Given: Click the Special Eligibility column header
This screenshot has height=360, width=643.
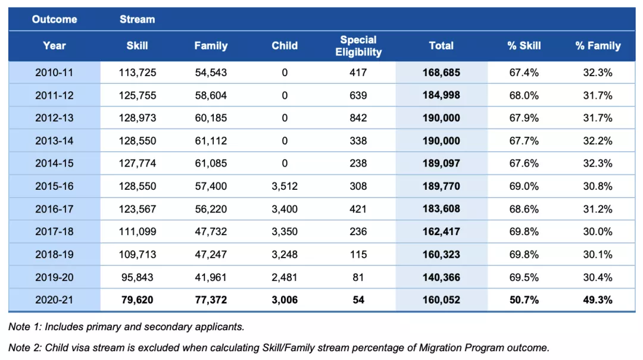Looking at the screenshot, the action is pos(358,46).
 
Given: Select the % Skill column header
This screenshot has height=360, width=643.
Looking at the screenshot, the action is pos(524,46).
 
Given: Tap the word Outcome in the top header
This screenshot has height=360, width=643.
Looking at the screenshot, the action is pos(55,19).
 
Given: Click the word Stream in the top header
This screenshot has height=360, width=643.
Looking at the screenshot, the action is pos(138,19).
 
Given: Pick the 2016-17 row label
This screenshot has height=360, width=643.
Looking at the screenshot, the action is pos(54,209).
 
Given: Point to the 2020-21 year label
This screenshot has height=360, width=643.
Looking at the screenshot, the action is pos(54,300).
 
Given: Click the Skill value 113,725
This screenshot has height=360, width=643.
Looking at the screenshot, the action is pos(138,73).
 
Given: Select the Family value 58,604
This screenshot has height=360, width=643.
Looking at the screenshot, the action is pos(211,96).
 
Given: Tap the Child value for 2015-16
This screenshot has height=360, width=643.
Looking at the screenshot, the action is pos(285,186).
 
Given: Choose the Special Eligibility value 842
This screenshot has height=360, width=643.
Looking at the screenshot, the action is pos(358,118).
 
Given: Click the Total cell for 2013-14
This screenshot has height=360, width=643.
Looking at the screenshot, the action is pos(441,140).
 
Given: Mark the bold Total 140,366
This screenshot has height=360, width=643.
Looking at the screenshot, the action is pos(441,277).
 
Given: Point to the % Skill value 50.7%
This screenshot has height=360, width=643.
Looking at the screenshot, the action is pos(524,300).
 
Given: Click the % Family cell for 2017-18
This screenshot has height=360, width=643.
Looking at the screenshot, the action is pos(598,231).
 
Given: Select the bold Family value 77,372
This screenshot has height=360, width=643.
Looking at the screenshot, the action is pos(211,300).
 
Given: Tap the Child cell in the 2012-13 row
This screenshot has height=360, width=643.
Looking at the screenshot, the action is pos(285,118).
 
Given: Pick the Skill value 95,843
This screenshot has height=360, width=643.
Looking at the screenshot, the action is pos(138,277).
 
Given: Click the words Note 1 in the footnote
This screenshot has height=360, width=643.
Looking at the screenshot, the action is pos(25,327).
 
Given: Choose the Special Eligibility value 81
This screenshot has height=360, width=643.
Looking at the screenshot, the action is pos(358,277).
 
